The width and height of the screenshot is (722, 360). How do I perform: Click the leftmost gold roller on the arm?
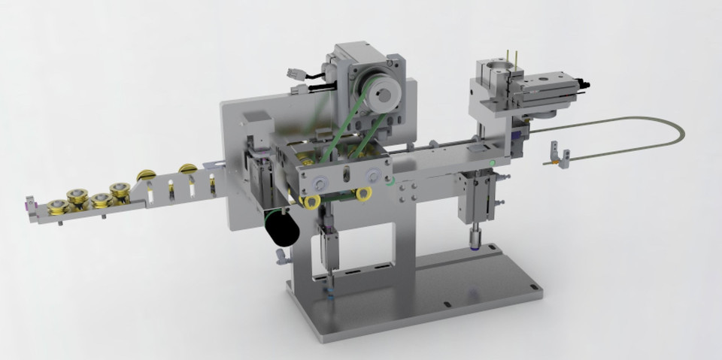[x=56, y=207]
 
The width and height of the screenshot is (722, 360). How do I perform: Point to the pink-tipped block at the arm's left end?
[x=31, y=202]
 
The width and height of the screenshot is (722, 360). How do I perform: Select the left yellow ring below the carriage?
[x=311, y=201]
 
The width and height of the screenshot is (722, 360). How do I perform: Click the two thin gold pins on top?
[x=513, y=57]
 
